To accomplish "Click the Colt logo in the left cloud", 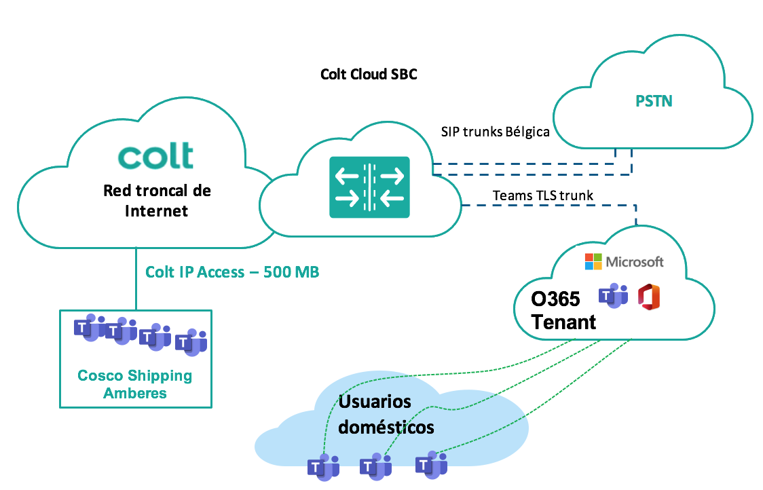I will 155,155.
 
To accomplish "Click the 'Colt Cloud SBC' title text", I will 369,74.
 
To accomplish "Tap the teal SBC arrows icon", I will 370,187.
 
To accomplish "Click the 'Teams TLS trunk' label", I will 543,195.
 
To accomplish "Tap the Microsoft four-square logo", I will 593,261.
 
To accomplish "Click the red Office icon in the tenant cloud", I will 649,297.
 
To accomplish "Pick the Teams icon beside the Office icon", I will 613,297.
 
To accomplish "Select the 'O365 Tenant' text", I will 563,311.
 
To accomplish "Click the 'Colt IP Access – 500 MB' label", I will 232,272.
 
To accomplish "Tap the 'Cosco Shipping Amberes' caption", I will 135,384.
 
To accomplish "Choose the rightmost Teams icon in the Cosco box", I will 191,343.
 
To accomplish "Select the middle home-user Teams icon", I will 375,466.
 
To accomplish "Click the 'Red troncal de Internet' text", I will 157,200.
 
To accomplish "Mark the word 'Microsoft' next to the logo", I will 635,262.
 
